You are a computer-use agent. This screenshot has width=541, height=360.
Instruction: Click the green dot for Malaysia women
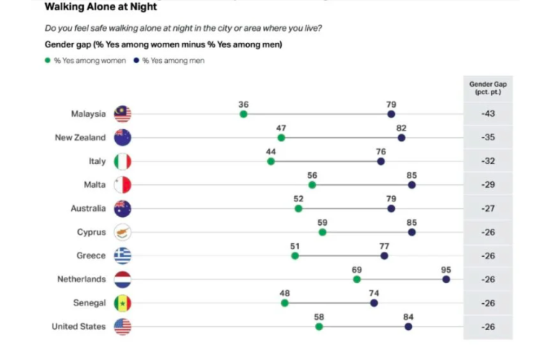[243, 114]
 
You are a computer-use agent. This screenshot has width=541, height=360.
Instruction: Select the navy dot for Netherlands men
[446, 279]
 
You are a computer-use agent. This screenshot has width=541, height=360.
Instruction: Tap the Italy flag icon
[122, 161]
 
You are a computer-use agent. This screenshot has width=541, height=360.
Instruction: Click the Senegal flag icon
[122, 303]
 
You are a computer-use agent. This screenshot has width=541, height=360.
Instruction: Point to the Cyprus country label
[91, 232]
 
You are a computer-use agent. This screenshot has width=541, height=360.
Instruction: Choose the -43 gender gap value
[488, 114]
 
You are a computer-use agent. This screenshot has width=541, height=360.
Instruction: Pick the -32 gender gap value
[488, 161]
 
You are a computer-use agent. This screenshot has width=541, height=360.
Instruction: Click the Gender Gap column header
[488, 88]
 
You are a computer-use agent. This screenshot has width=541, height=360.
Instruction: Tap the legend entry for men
[169, 61]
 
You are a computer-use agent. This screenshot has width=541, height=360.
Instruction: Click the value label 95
[446, 270]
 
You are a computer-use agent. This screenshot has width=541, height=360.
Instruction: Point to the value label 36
[243, 104]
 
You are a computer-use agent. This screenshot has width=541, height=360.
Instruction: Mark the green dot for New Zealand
[281, 138]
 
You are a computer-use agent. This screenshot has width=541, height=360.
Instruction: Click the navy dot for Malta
[412, 185]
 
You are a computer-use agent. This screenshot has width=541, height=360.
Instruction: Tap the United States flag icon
[122, 326]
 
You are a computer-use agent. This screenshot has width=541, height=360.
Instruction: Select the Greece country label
[91, 256]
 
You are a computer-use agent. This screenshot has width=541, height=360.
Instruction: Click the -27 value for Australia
[488, 209]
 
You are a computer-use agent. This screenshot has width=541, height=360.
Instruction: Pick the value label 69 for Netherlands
[357, 270]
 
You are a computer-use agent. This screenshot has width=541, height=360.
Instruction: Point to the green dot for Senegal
[285, 303]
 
